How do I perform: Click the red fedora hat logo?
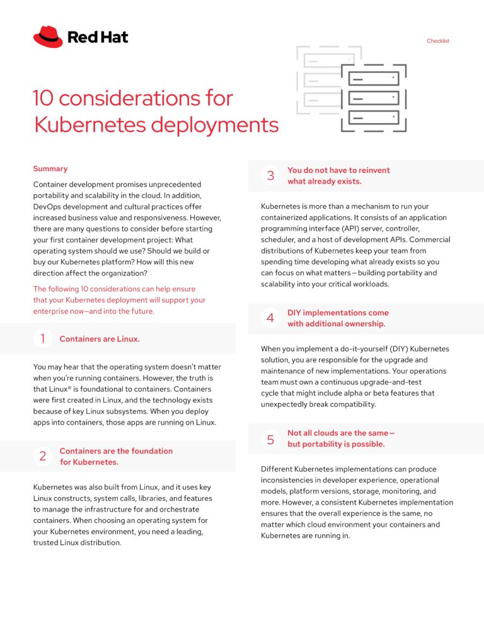coord(48,37)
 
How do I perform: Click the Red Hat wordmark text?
coord(98,37)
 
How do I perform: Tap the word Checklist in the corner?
coord(438,41)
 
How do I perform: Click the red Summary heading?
coord(50,168)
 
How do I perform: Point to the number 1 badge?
coord(42,339)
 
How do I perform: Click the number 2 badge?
coord(42,456)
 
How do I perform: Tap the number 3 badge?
coord(270,175)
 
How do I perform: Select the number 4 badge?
coord(270,318)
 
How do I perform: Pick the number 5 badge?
coord(270,439)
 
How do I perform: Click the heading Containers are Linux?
coord(100,339)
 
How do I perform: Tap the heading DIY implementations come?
coord(338,313)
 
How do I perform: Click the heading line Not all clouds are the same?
coord(340,433)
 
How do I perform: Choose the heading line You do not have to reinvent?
coord(338,170)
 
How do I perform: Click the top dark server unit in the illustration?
coord(373,79)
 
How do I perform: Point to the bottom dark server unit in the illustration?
coord(373,117)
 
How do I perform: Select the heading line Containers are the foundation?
coord(116,451)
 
